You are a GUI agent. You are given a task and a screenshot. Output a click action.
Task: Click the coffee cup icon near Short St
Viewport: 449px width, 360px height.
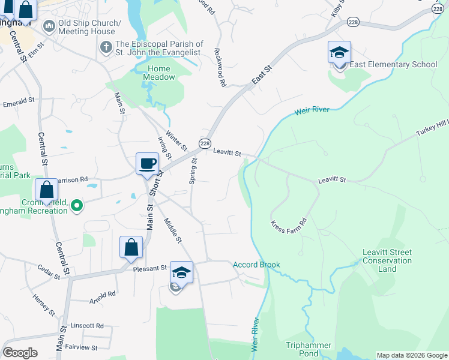click(147, 164)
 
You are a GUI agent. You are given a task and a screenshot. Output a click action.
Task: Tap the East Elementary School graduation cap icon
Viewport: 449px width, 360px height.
click(339, 52)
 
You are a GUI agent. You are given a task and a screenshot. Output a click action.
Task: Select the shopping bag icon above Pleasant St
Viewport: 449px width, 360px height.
click(131, 247)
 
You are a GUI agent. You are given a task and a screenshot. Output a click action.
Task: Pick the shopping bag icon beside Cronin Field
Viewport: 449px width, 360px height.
click(46, 190)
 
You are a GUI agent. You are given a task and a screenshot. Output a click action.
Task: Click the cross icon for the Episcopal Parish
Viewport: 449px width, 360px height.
click(106, 46)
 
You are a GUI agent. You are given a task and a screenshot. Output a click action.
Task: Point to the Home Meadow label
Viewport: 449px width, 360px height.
click(161, 73)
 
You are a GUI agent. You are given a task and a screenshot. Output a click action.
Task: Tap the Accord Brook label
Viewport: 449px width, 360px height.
click(256, 265)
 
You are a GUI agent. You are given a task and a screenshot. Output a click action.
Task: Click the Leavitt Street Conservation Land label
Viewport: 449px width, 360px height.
click(387, 261)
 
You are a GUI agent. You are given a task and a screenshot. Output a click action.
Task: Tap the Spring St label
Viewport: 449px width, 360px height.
click(193, 171)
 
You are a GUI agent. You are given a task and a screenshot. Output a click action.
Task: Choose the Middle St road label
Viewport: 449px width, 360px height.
click(172, 231)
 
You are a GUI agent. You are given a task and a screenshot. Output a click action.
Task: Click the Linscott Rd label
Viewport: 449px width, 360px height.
click(87, 326)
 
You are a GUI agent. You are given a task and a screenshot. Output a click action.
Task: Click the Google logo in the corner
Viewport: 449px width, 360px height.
click(20, 353)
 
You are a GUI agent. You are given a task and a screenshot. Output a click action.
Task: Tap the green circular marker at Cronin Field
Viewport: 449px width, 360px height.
click(76, 206)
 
